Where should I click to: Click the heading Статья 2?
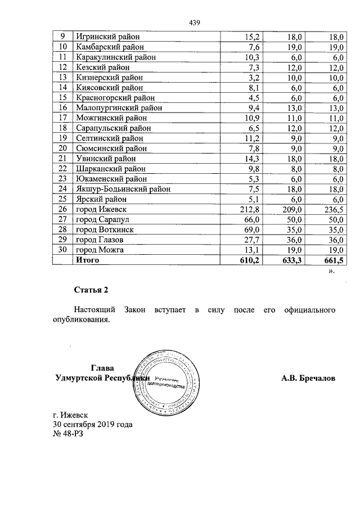[91, 290]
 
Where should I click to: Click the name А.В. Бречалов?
[308, 379]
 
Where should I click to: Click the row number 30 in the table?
[63, 249]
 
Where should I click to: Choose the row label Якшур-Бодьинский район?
[123, 189]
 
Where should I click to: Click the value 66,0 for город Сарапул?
[250, 219]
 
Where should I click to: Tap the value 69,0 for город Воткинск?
[250, 229]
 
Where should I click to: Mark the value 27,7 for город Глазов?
[250, 239]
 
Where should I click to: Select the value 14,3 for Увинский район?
[250, 159]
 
